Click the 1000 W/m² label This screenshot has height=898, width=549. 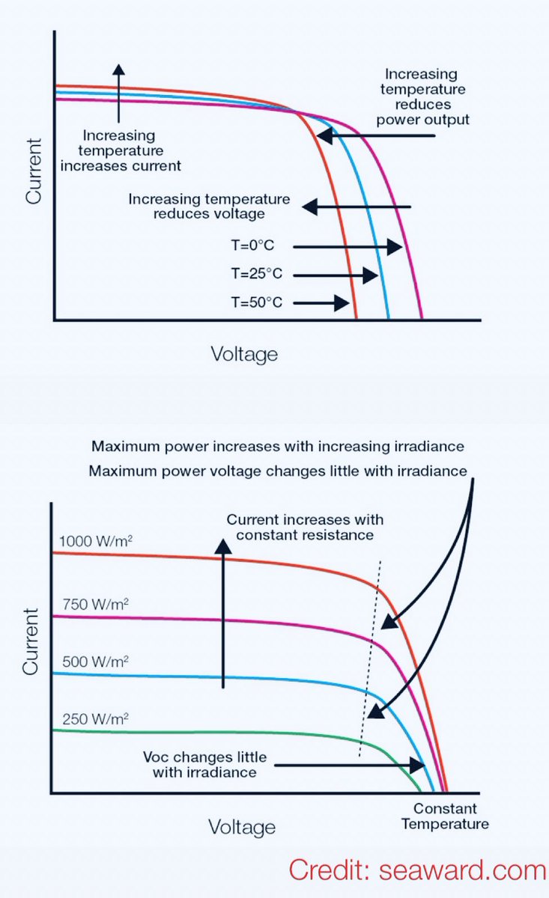click(93, 540)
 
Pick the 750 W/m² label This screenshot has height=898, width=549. click(88, 603)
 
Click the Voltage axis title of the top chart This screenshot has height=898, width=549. click(244, 354)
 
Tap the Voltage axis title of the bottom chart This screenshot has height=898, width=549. click(242, 827)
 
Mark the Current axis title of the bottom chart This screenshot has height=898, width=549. click(30, 641)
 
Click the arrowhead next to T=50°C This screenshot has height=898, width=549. click(344, 303)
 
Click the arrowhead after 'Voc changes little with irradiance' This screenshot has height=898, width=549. click(418, 766)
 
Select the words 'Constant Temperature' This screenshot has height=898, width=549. click(445, 816)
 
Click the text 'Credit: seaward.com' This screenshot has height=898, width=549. click(418, 870)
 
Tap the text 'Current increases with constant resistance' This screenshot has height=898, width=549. click(305, 528)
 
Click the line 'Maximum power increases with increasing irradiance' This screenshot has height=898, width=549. click(278, 447)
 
